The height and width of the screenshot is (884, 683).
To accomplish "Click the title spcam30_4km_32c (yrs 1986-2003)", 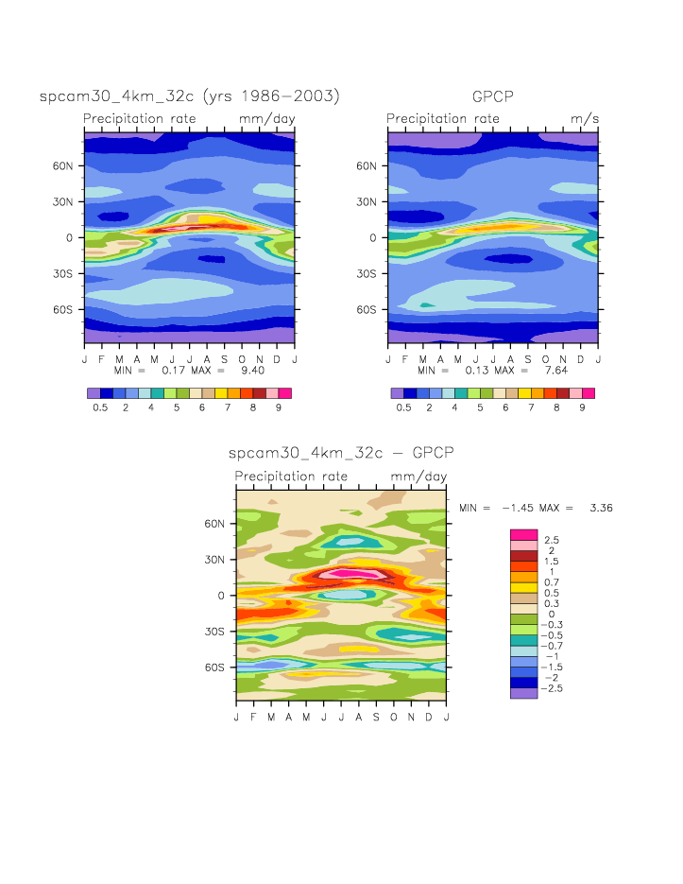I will pos(190,96).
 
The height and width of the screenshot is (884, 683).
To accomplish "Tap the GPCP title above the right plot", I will pos(493,96).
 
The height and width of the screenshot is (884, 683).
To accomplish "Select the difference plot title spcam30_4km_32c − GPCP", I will pos(341,454).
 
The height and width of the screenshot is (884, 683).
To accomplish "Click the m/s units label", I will pos(585,118).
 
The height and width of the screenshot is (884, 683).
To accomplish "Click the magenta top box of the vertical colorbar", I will pos(523,535).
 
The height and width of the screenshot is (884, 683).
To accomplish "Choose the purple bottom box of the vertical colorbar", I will pos(523,693).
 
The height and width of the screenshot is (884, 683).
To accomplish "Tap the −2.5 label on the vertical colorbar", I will pos(555,688).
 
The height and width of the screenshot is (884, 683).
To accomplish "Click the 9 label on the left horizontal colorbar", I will pos(279,407).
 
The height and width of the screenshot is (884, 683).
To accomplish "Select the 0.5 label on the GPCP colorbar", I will pos(403,407).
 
